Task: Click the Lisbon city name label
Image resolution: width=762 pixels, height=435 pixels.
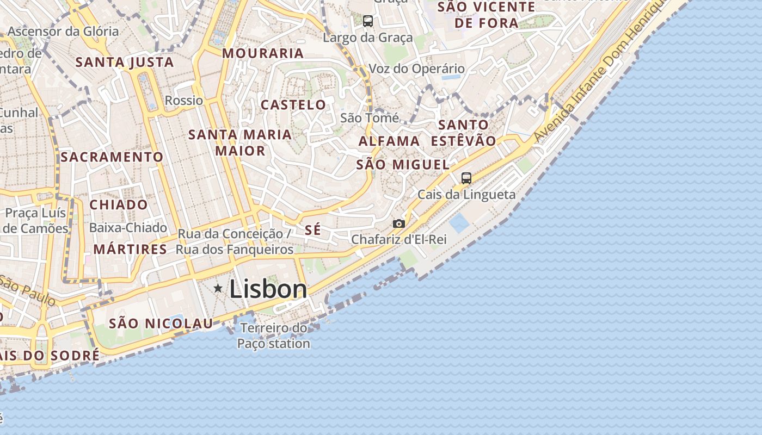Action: click(268, 289)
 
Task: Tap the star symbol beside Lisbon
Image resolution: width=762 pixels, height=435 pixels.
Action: click(218, 288)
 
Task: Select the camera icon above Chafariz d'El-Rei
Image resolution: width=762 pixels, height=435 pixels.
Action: click(399, 223)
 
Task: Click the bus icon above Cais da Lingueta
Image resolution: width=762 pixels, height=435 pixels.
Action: click(466, 178)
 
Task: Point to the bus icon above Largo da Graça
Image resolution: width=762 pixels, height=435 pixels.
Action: click(368, 21)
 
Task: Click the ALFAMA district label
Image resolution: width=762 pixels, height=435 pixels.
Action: click(389, 141)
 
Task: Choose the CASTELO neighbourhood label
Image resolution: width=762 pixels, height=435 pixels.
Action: click(293, 105)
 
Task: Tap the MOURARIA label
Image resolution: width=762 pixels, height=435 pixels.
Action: click(263, 53)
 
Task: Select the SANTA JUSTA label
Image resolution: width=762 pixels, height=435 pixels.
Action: click(125, 63)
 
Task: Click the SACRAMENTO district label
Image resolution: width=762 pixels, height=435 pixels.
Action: click(112, 157)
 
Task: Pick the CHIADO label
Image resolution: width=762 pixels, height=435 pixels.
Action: click(118, 205)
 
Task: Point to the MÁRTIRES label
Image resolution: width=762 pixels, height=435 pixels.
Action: click(130, 250)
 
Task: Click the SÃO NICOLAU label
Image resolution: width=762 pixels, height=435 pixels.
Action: click(161, 324)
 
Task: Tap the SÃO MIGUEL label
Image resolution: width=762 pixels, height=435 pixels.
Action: click(403, 165)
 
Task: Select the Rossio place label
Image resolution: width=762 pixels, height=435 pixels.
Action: click(184, 101)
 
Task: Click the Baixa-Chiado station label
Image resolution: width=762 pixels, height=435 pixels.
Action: click(128, 228)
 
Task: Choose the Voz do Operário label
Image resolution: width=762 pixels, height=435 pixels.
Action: click(417, 69)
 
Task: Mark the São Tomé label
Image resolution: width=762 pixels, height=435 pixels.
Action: click(370, 118)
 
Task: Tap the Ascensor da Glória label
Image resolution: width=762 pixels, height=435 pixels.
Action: click(63, 32)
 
